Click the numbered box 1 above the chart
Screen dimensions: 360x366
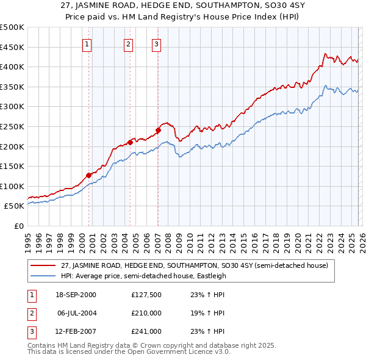(87, 44)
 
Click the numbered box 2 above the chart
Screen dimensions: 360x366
(128, 44)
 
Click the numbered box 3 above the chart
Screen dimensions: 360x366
(157, 44)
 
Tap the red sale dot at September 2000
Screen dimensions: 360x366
(89, 175)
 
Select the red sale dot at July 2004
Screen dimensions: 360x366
(130, 142)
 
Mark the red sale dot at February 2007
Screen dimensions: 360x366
(158, 130)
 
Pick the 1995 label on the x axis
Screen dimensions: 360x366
(28, 239)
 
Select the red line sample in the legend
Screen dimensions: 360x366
(43, 265)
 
